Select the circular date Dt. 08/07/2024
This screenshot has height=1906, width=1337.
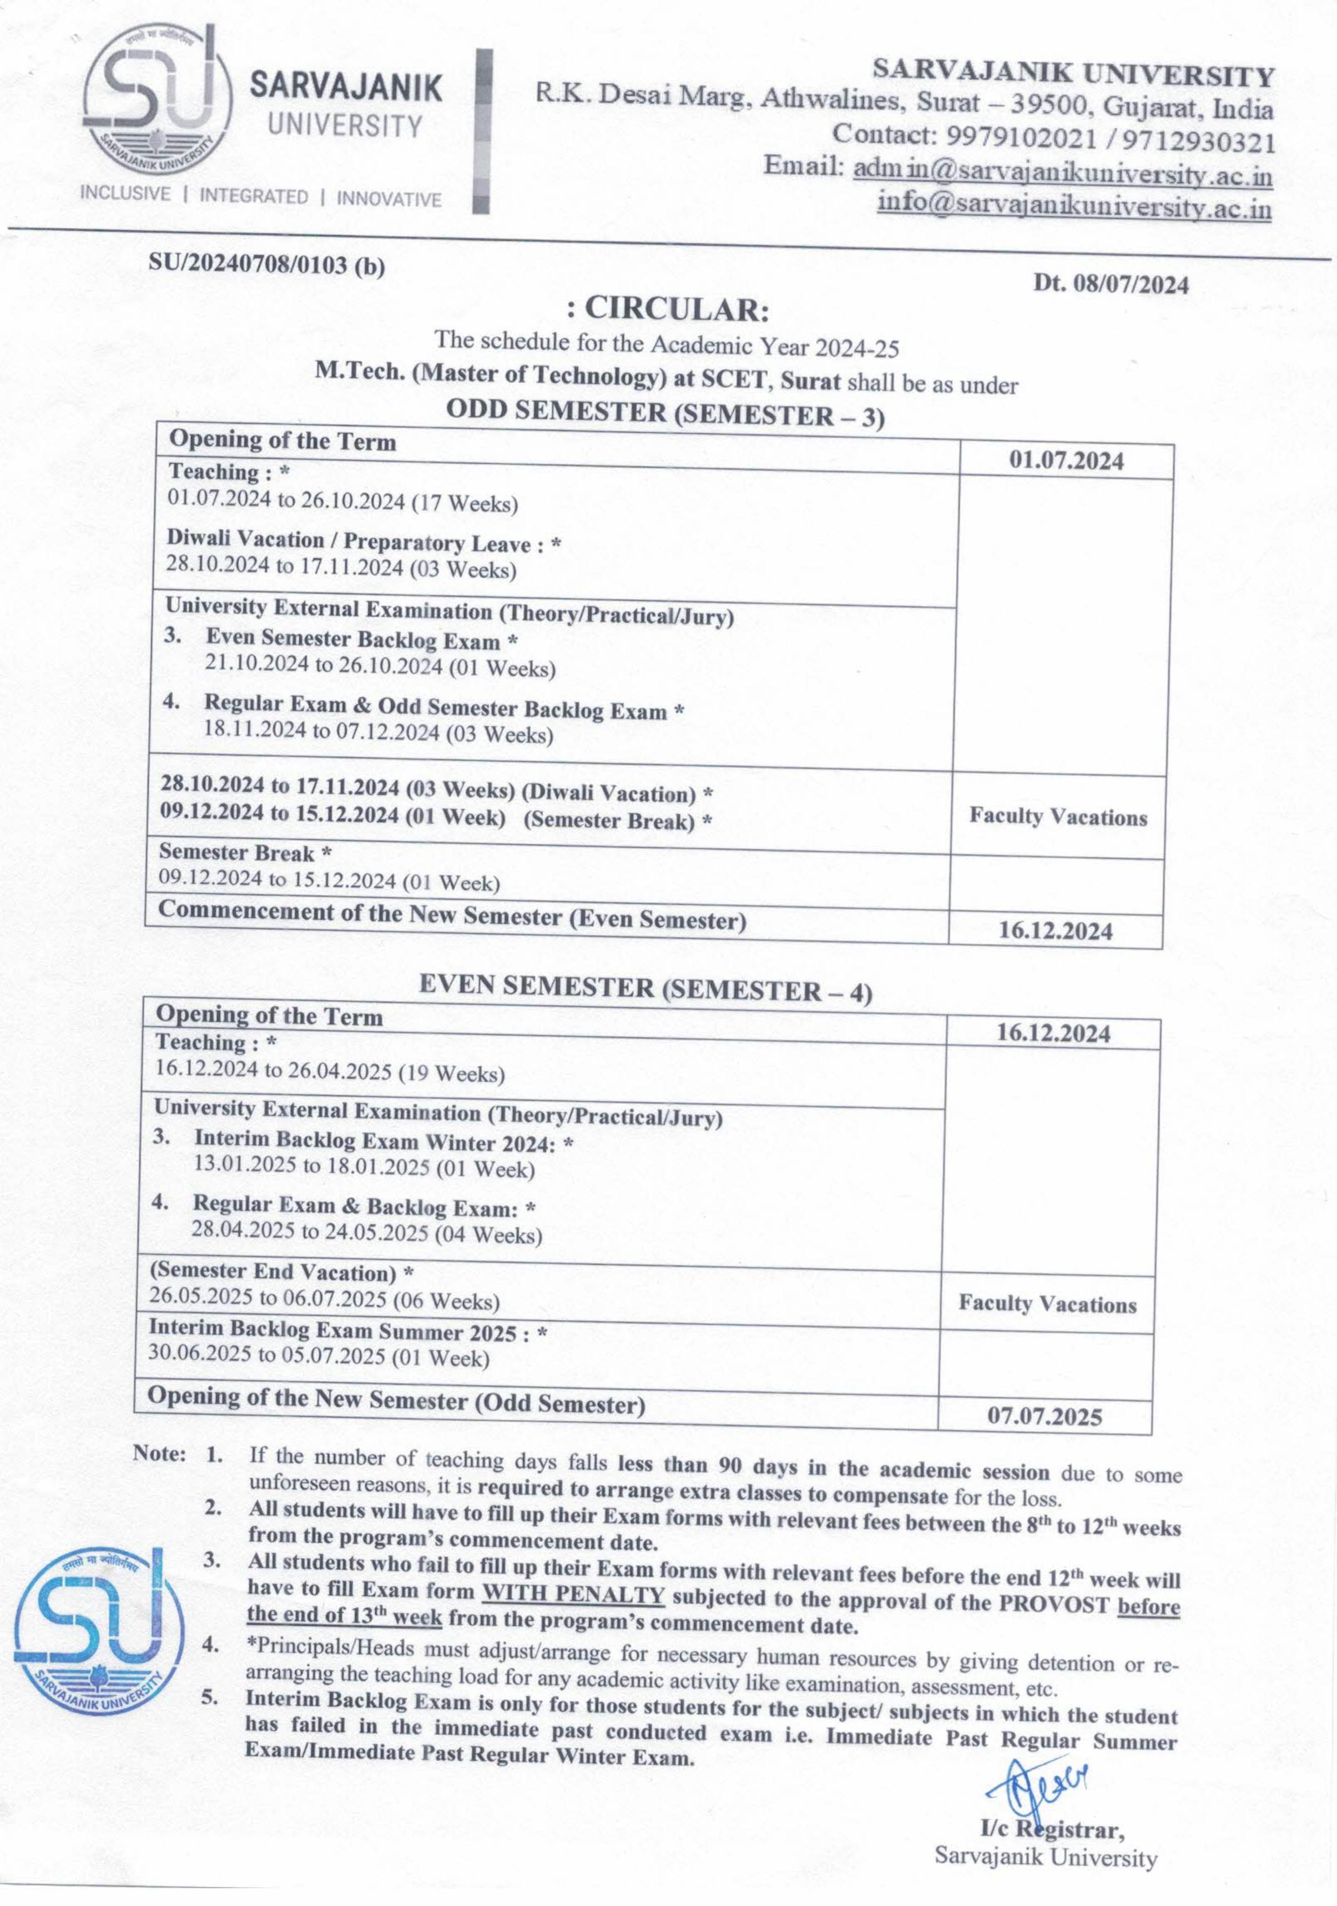(1111, 284)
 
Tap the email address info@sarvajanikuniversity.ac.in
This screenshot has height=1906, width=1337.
(1074, 204)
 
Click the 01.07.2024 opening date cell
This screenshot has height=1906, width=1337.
(1066, 461)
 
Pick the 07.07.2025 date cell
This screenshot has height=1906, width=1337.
(1044, 1416)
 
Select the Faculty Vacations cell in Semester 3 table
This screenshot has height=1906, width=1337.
(1057, 817)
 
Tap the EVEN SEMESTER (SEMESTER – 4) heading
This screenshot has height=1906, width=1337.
(645, 988)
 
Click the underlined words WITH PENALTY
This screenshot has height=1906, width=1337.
(574, 1594)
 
